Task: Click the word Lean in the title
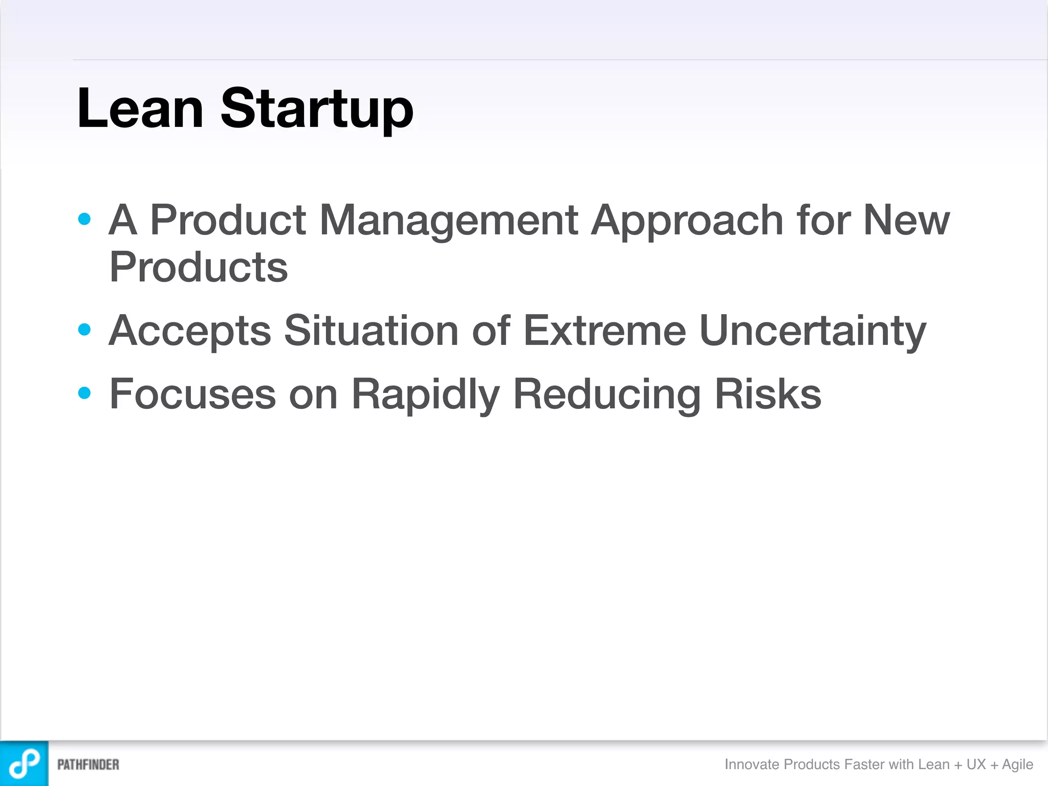point(140,108)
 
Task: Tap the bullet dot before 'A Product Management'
point(84,220)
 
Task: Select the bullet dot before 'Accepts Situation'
point(84,330)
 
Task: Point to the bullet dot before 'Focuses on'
point(84,393)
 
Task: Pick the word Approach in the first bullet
point(687,221)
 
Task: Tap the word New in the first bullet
point(906,220)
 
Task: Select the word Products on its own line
point(199,267)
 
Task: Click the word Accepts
point(190,331)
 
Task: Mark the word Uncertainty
point(813,331)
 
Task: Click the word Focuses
point(192,394)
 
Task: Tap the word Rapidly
point(425,395)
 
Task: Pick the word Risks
point(768,394)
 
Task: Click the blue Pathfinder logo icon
point(24,763)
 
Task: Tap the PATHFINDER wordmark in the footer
point(88,765)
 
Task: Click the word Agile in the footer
point(1017,765)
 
